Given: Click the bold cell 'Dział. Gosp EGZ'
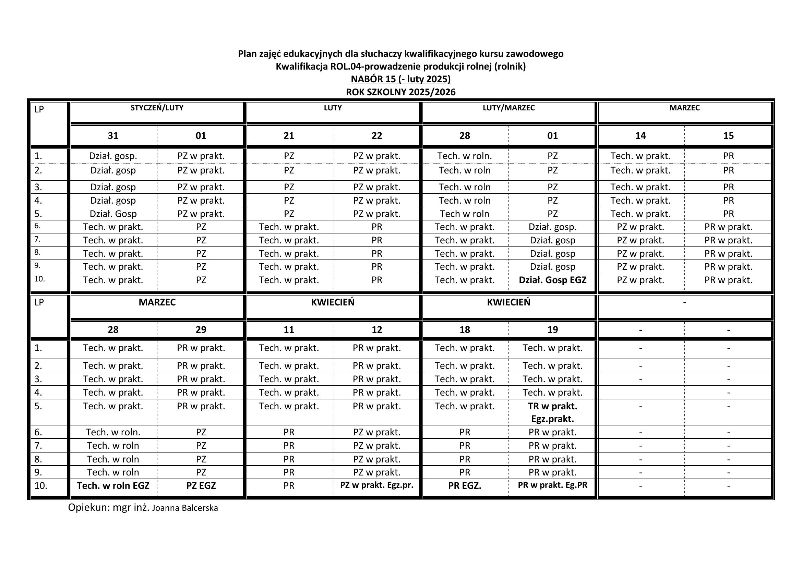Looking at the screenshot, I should coord(552,280).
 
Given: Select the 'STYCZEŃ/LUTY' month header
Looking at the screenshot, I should coord(157,108).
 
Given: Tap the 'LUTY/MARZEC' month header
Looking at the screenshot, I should coord(508,108).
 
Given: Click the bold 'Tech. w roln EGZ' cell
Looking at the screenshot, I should coord(113,486).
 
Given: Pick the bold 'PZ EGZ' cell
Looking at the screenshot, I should coord(201,486).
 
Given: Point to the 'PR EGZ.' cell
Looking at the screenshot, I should coord(465,486).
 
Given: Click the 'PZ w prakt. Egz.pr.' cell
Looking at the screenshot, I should coord(376,485).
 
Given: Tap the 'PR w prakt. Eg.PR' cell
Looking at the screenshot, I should coord(552,485).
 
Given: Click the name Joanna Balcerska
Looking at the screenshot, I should coord(185,508).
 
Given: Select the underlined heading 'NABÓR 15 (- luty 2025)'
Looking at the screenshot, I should coord(400,79).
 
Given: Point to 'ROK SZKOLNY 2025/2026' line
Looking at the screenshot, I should coord(400,92).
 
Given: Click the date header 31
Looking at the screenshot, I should coord(113,135).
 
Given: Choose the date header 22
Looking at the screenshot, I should coord(376,135).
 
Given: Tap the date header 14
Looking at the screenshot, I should coord(640,135).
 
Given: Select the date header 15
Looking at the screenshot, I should coord(728,135).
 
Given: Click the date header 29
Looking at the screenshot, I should coord(201,329).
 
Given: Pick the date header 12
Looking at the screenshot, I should coord(376,329).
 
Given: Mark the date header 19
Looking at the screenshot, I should coord(552,329).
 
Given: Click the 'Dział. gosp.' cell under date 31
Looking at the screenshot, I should coord(113,156).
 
